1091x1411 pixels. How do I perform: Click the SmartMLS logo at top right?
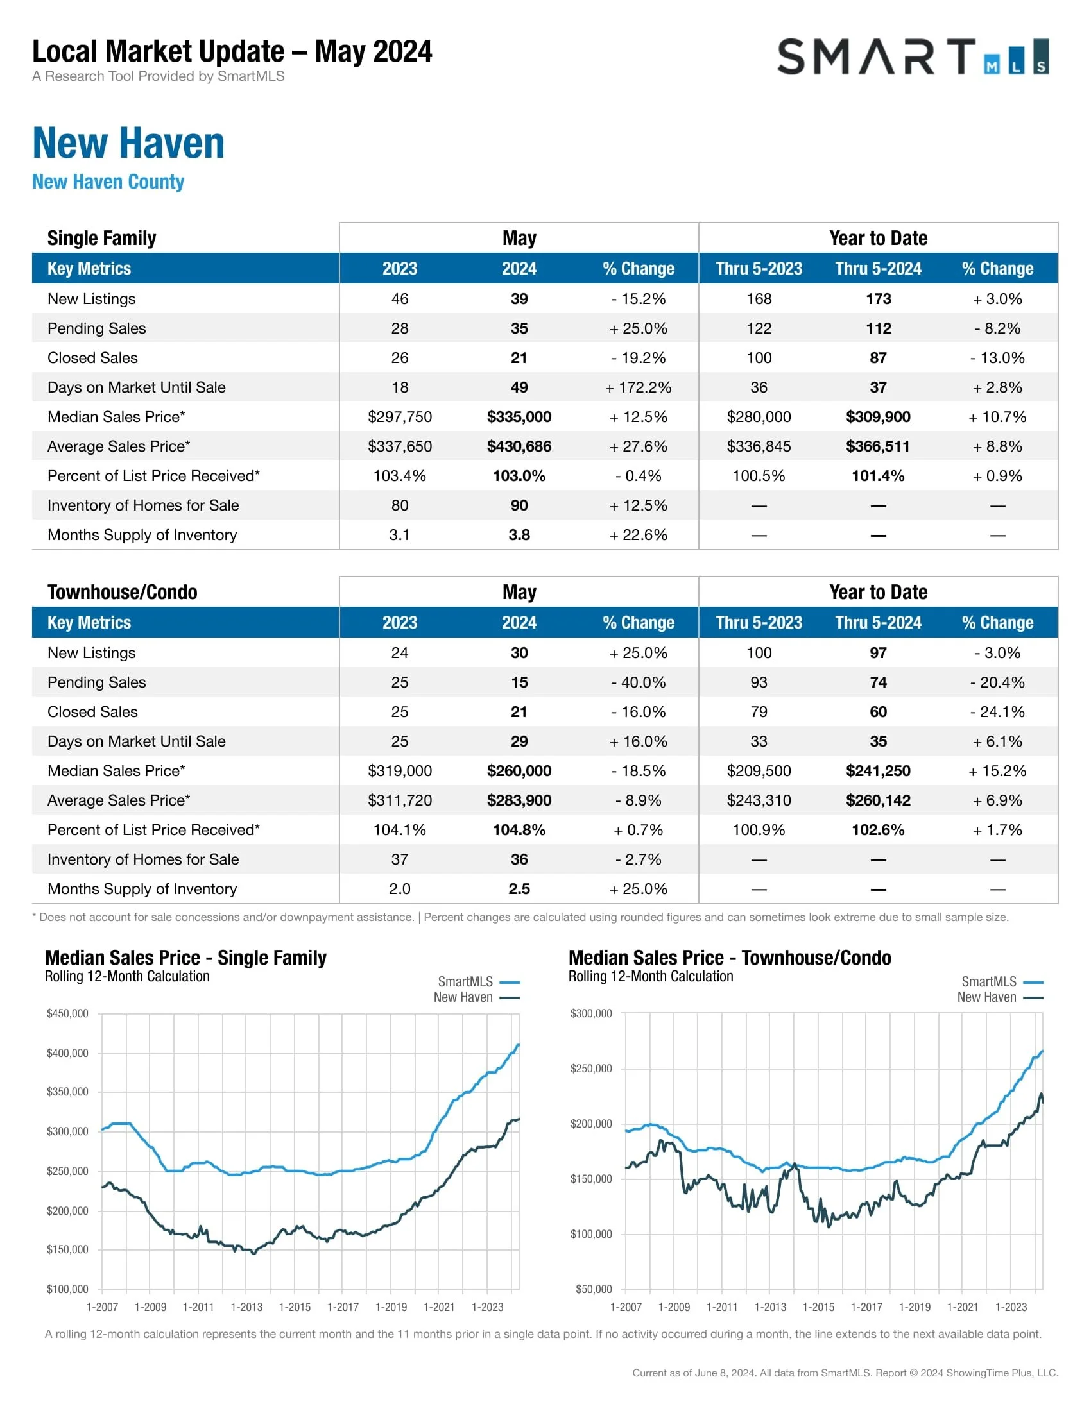(912, 57)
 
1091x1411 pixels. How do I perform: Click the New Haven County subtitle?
(108, 182)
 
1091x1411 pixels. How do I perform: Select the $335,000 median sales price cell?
(519, 417)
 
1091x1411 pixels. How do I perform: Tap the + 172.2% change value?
(638, 387)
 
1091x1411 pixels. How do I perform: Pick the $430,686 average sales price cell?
(519, 446)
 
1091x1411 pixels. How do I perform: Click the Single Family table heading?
(101, 239)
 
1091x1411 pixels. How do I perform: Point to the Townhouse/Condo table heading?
(122, 593)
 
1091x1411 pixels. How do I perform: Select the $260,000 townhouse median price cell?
(519, 771)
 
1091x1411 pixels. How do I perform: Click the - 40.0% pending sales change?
(638, 682)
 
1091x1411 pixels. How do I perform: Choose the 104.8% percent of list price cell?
(519, 829)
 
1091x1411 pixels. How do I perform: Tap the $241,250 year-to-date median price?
(878, 771)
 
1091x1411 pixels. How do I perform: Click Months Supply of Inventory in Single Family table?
(142, 535)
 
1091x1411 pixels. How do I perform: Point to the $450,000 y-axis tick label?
(67, 1013)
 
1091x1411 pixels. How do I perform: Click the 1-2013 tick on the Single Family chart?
(246, 1307)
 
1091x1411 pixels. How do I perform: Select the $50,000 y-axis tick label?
(594, 1289)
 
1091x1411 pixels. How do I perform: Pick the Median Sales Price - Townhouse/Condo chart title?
(730, 958)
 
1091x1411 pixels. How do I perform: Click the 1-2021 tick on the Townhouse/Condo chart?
(963, 1307)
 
